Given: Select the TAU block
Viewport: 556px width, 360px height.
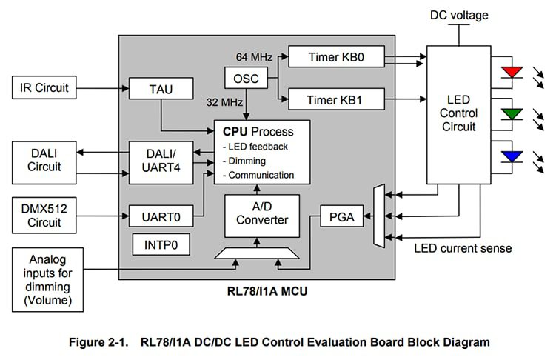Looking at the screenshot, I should pyautogui.click(x=160, y=89).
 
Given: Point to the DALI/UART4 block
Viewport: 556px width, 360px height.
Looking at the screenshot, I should pyautogui.click(x=160, y=161).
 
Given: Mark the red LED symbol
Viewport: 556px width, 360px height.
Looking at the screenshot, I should pyautogui.click(x=512, y=73).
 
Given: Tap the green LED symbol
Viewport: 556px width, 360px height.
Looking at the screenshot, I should pyautogui.click(x=512, y=114).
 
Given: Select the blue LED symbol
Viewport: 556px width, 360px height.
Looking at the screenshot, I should pyautogui.click(x=512, y=156).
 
